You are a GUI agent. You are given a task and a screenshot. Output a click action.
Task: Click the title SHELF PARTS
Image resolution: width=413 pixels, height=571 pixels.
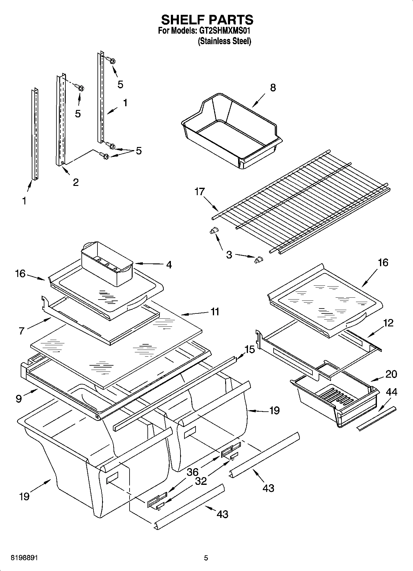[x=207, y=20]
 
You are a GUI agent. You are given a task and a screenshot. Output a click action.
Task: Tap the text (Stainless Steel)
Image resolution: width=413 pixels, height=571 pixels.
[x=224, y=41]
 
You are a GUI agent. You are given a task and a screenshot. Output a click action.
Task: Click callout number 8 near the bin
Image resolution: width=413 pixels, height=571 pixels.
[x=273, y=88]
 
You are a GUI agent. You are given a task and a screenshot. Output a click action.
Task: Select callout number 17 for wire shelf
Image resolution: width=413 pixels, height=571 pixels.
[x=200, y=192]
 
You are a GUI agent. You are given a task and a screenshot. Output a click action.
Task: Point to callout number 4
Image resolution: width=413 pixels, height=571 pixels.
[x=169, y=265]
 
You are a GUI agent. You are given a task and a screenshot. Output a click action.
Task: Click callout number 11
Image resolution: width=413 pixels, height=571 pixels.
[x=215, y=312]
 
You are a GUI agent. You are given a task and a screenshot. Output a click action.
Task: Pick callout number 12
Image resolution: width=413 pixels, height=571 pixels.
[x=388, y=323]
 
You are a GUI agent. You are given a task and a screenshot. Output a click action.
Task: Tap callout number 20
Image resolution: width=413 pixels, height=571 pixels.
[x=391, y=374]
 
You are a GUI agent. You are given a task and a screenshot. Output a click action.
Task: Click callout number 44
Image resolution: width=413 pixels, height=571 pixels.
[x=391, y=392]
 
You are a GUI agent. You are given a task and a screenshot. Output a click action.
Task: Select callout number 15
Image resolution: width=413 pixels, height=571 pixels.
[x=250, y=350]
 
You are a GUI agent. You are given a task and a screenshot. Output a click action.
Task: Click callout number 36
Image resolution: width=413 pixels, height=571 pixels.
[x=192, y=472]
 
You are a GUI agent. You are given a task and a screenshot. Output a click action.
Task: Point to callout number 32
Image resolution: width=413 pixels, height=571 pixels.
[x=201, y=481]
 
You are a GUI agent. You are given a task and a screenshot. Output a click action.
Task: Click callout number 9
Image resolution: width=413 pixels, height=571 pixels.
[x=19, y=399]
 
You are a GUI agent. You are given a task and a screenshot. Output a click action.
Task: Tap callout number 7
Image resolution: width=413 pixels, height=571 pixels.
[x=21, y=331]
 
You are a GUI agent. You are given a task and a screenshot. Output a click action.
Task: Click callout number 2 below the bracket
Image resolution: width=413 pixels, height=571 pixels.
[x=76, y=182]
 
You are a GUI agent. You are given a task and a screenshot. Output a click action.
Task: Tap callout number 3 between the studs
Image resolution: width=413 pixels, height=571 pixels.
[x=229, y=255]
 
